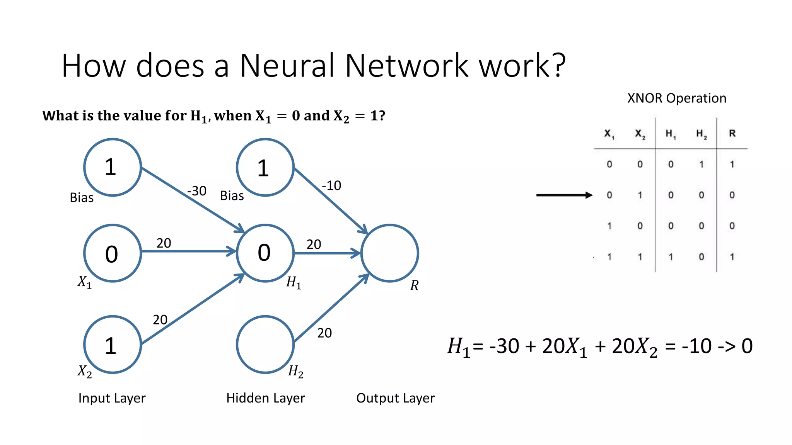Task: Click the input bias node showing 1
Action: coord(113,167)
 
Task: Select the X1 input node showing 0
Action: coord(113,253)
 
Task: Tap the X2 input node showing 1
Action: coord(113,345)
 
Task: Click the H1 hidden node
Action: coord(265,253)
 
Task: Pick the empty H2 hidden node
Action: coord(265,344)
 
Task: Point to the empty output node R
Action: coord(389,253)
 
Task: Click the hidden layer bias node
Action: coord(265,168)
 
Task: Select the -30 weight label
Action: coord(196,191)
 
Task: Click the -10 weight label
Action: coord(331,185)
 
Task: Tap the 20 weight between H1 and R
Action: coord(314,244)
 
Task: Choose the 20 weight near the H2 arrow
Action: coord(324,333)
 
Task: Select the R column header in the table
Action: coord(732,133)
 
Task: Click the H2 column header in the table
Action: coord(702,134)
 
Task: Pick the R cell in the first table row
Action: coord(732,164)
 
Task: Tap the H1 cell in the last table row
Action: coord(671,256)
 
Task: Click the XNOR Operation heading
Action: coord(676,98)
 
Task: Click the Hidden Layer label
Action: coord(265,398)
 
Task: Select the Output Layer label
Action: coord(395,398)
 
